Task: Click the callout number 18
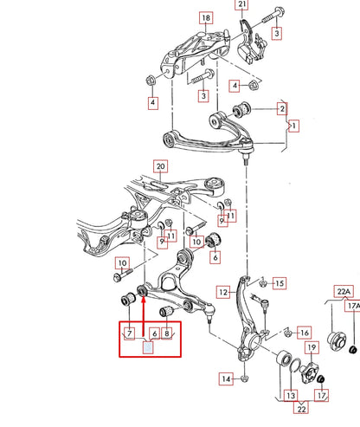click(x=205, y=18)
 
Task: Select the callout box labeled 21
click(x=241, y=4)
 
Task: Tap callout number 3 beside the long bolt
click(x=277, y=34)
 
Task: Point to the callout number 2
click(x=282, y=108)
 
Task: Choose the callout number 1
click(x=293, y=126)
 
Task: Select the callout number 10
click(x=123, y=263)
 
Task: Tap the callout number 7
click(x=128, y=333)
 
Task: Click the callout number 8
click(x=166, y=333)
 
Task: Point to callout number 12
click(x=222, y=293)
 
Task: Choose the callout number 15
click(x=279, y=283)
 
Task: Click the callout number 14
click(x=225, y=378)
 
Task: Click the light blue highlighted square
click(x=147, y=348)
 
